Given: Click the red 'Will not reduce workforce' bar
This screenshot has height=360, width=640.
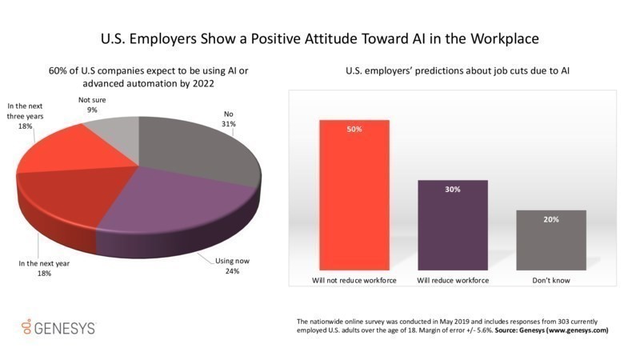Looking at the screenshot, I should click(x=354, y=195).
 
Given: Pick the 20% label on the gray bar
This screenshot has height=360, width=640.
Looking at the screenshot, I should click(x=551, y=219).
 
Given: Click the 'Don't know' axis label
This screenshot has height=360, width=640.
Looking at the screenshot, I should click(x=551, y=280).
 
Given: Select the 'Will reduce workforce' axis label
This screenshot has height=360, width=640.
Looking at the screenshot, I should click(x=453, y=280).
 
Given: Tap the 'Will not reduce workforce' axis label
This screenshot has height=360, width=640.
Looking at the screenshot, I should click(x=354, y=280).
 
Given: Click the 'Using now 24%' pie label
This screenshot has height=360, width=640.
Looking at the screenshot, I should click(x=228, y=266).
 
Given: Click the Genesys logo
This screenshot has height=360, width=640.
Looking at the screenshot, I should click(x=58, y=328).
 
